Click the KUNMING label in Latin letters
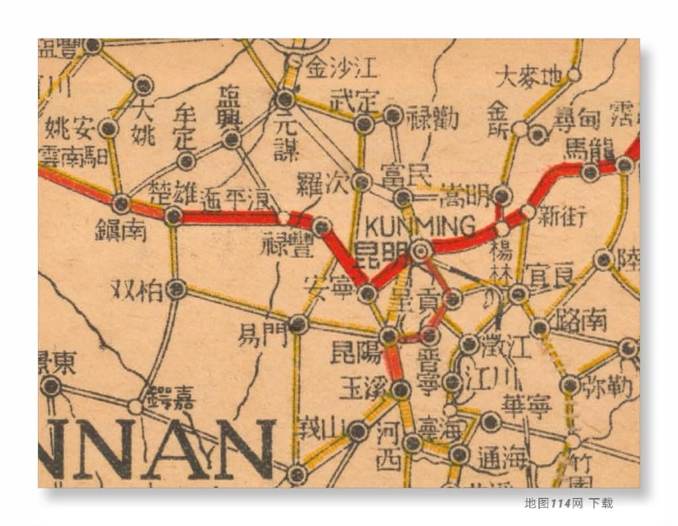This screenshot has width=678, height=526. tap(420, 227)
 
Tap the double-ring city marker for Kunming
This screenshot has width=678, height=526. tap(420, 250)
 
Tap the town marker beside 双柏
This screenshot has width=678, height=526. tap(176, 289)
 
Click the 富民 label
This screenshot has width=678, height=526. tap(405, 176)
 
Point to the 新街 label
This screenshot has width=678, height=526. tap(561, 216)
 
